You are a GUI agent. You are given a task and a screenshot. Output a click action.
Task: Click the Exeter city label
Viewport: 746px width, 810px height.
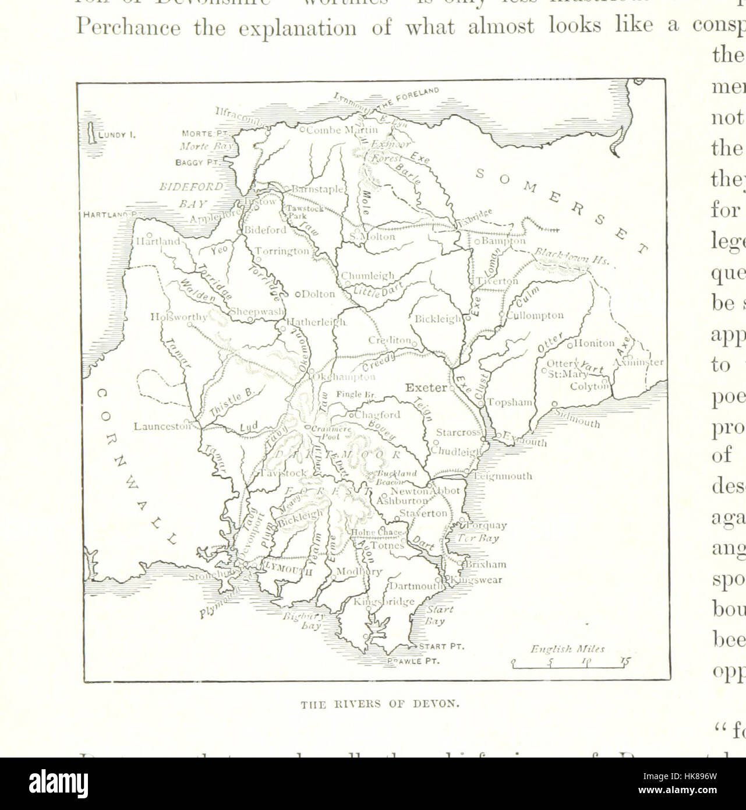[426, 388]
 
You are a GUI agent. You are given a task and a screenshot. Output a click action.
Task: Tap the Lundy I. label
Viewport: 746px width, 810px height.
[116, 135]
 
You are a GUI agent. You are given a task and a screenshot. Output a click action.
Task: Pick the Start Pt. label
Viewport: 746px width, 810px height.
[441, 646]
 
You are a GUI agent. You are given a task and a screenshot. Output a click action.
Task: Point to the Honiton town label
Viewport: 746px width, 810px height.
[594, 344]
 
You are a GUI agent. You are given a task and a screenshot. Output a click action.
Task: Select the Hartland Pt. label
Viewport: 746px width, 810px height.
[110, 214]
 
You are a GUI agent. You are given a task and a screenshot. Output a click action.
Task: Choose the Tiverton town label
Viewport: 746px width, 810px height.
[497, 281]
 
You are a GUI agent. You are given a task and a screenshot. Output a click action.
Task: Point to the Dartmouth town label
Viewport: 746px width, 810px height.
[416, 587]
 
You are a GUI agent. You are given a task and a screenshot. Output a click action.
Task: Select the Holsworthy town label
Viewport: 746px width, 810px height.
[178, 317]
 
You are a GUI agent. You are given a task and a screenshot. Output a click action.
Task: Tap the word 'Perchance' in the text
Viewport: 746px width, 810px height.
[127, 29]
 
